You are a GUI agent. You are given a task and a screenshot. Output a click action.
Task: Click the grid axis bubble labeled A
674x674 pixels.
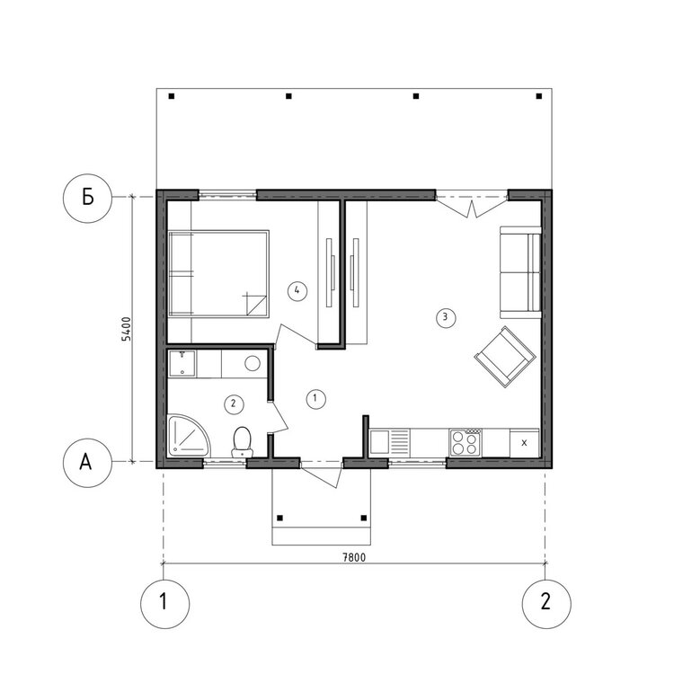pos(87,462)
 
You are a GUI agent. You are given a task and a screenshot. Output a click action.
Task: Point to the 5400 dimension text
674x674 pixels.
pos(127,329)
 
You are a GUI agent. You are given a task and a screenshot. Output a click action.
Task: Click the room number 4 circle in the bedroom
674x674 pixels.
pos(297,289)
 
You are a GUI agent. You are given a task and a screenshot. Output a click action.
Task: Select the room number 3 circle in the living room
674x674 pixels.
pos(442,316)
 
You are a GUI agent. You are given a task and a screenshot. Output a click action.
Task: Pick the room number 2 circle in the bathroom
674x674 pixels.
pos(233,404)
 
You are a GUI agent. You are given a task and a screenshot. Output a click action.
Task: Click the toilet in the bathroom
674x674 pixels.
pos(242,441)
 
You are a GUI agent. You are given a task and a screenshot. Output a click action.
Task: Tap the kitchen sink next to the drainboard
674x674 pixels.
pos(381,441)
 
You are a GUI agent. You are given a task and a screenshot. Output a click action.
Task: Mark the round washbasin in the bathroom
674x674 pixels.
pos(253,363)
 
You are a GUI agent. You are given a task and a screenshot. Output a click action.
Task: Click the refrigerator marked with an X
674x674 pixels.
pos(523,441)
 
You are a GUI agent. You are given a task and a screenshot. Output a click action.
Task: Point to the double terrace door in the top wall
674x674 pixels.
pos(473,202)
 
